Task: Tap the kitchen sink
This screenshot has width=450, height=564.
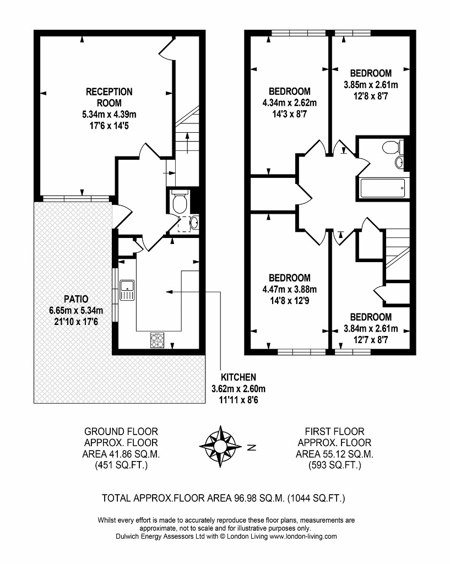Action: pyautogui.click(x=126, y=289)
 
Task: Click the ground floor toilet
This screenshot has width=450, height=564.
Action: pyautogui.click(x=179, y=203)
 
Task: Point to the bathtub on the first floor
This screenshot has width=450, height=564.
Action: pyautogui.click(x=383, y=189)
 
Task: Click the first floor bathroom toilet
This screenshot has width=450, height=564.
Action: pyautogui.click(x=392, y=147)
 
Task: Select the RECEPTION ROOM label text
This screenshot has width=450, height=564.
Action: pyautogui.click(x=109, y=97)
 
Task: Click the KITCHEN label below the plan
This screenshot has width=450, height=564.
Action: pyautogui.click(x=238, y=377)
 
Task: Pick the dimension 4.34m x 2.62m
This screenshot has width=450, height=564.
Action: pyautogui.click(x=289, y=103)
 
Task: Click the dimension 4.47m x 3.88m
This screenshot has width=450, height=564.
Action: pyautogui.click(x=289, y=289)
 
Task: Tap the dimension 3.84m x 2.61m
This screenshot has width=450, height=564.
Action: pyautogui.click(x=371, y=329)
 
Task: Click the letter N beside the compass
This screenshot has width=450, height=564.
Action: pyautogui.click(x=252, y=447)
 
